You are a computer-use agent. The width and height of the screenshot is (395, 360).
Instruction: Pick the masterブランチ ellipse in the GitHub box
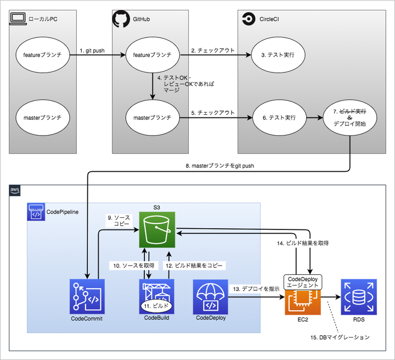click(149, 117)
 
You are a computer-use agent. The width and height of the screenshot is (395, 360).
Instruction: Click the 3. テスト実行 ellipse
click(279, 55)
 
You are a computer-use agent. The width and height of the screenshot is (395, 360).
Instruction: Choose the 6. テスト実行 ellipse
click(279, 117)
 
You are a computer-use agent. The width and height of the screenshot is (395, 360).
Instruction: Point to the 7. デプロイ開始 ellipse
click(349, 117)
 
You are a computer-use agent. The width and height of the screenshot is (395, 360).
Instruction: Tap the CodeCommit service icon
click(87, 296)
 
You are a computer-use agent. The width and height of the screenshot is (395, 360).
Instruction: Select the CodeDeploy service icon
click(211, 296)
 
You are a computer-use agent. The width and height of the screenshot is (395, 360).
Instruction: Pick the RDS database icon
click(359, 296)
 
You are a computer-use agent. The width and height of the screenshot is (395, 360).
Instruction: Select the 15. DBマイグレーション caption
click(341, 336)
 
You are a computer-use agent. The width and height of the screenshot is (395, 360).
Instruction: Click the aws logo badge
click(15, 190)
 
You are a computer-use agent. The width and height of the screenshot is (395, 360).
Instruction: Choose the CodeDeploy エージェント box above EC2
click(302, 282)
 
